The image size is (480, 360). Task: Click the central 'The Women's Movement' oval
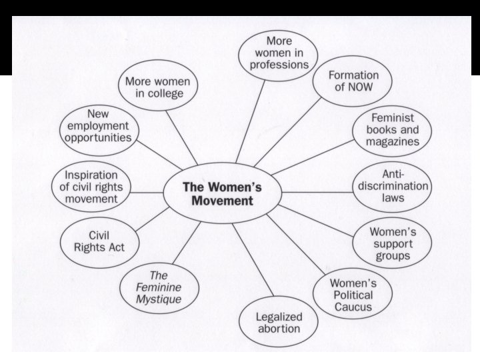[222, 193]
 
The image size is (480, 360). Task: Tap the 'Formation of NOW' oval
[353, 81]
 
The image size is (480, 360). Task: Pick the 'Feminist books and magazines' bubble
[392, 131]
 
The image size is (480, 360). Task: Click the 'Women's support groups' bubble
[393, 243]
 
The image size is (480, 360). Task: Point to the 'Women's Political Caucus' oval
[351, 294]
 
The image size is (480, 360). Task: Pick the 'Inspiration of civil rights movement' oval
[91, 187]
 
